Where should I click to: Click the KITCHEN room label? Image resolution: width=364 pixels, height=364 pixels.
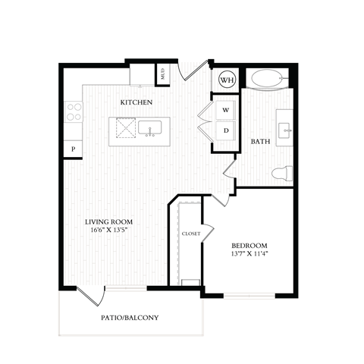pos(136,102)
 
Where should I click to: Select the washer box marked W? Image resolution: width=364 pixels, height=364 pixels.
pos(226,110)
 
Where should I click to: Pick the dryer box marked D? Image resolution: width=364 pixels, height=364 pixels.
pos(226,130)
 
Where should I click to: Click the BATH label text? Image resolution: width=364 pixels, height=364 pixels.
pos(262,141)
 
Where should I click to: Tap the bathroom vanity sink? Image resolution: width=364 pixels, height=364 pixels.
pos(286,130)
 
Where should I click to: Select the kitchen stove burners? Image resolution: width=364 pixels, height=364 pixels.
pos(74,112)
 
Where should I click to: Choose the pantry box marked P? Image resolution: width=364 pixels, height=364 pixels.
pos(74,149)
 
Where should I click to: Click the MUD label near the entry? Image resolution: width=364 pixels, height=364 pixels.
pos(162,74)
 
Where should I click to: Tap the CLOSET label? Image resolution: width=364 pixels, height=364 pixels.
pos(191,234)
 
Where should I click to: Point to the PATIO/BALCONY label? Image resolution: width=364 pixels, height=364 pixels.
pos(130,317)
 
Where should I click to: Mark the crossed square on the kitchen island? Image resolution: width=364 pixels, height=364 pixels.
pos(124,131)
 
